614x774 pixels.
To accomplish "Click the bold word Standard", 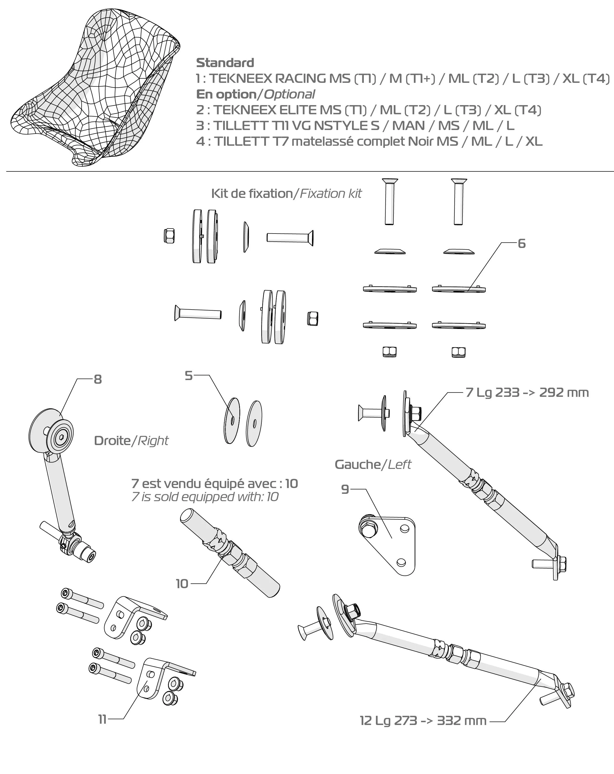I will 225,63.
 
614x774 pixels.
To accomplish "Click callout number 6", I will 521,244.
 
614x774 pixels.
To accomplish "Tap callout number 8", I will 97,380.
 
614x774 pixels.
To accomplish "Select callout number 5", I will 188,376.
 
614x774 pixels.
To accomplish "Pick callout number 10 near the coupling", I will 182,584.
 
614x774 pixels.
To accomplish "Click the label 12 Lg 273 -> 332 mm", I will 423,721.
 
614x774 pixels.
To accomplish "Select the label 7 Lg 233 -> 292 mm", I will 527,393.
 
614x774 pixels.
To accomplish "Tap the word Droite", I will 112,441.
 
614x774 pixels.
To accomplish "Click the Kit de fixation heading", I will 252,194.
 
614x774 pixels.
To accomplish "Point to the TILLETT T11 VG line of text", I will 355,126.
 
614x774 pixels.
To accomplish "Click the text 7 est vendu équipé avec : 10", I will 215,484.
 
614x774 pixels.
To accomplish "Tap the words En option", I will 226,94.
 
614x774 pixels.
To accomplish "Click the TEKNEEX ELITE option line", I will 369,110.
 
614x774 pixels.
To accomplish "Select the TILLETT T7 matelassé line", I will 369,142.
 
